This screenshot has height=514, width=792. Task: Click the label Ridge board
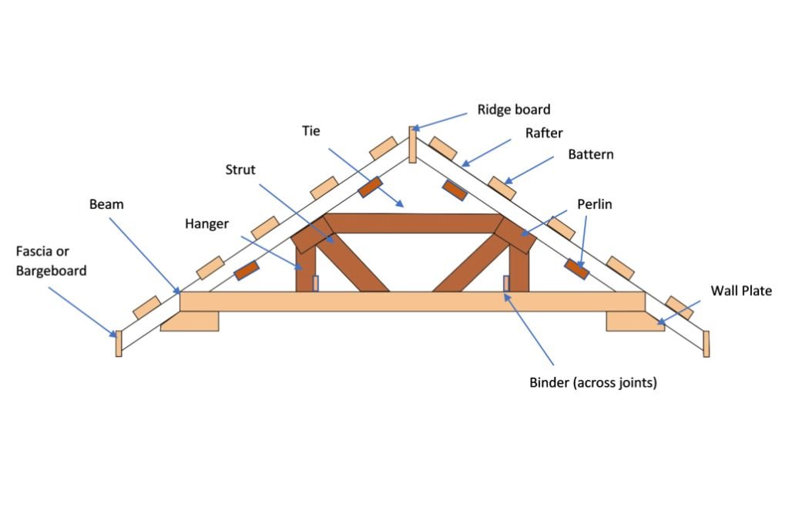pyautogui.click(x=514, y=109)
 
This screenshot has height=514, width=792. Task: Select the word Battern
pyautogui.click(x=591, y=154)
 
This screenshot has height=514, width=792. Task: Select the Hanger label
pyautogui.click(x=206, y=223)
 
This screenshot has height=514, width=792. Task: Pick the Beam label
pyautogui.click(x=106, y=205)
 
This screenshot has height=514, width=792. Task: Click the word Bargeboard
pyautogui.click(x=51, y=270)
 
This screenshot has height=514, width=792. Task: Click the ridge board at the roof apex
pyautogui.click(x=412, y=145)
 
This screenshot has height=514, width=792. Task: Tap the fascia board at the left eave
pyautogui.click(x=119, y=343)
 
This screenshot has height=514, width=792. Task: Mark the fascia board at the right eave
pyautogui.click(x=706, y=343)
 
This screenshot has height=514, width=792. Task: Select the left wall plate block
pyautogui.click(x=190, y=321)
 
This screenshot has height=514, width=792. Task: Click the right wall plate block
pyautogui.click(x=634, y=321)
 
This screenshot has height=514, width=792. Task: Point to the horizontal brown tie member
pyautogui.click(x=412, y=223)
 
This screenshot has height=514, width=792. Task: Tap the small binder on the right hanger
pyautogui.click(x=506, y=284)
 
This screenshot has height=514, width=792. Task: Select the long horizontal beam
pyautogui.click(x=412, y=301)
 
